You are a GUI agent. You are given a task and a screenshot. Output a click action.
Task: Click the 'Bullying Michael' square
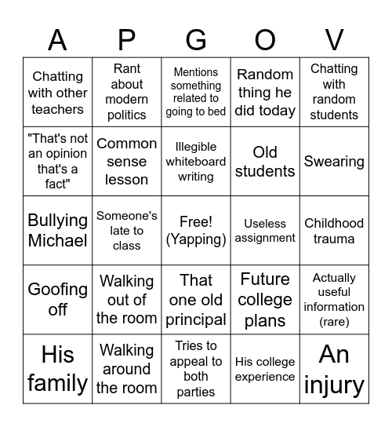pos(57,230)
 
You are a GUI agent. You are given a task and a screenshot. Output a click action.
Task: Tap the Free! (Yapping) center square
pos(196,230)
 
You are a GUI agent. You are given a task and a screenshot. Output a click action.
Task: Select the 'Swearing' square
pos(334,161)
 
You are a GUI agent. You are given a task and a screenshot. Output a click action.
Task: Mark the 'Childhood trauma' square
pos(334,230)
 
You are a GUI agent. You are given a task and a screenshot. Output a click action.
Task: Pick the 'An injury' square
pos(334,369)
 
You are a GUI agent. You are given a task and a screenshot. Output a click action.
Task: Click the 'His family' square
pos(57,369)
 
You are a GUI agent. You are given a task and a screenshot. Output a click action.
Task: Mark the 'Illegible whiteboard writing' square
pos(196,161)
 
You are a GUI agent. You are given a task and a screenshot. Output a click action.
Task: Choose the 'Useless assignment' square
pos(265,230)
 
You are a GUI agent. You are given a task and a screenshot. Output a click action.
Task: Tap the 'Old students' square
pos(265,161)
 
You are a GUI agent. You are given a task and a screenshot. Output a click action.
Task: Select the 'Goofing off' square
pos(57,299)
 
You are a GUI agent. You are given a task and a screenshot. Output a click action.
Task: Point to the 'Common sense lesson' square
pos(126,161)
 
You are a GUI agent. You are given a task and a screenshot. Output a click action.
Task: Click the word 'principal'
pos(196,319)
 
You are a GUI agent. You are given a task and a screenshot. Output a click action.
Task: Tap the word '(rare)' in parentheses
pos(334,321)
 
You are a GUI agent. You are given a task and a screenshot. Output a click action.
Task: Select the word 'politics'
pos(126,115)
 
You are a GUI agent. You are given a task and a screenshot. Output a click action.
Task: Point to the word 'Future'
pos(265,279)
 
